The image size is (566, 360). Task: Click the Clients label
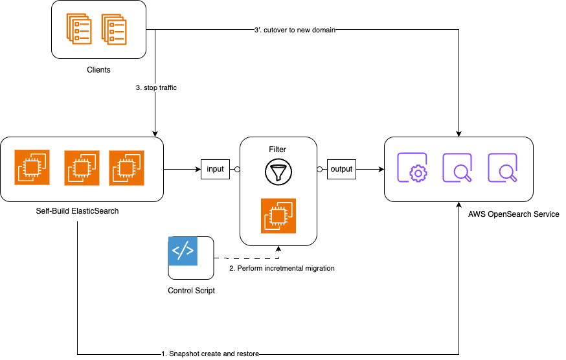(x=98, y=69)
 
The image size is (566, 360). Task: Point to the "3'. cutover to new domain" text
(x=294, y=30)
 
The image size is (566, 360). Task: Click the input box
(x=215, y=169)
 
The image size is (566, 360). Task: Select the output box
(x=341, y=169)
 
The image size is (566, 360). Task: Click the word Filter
(x=278, y=150)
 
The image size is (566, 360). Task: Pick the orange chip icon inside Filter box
(x=278, y=215)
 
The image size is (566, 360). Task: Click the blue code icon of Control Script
(x=182, y=251)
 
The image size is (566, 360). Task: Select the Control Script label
(x=191, y=291)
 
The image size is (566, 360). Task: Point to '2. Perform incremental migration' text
(x=282, y=268)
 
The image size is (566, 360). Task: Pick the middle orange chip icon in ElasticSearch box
(x=82, y=168)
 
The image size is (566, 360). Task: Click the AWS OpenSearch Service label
(x=514, y=214)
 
